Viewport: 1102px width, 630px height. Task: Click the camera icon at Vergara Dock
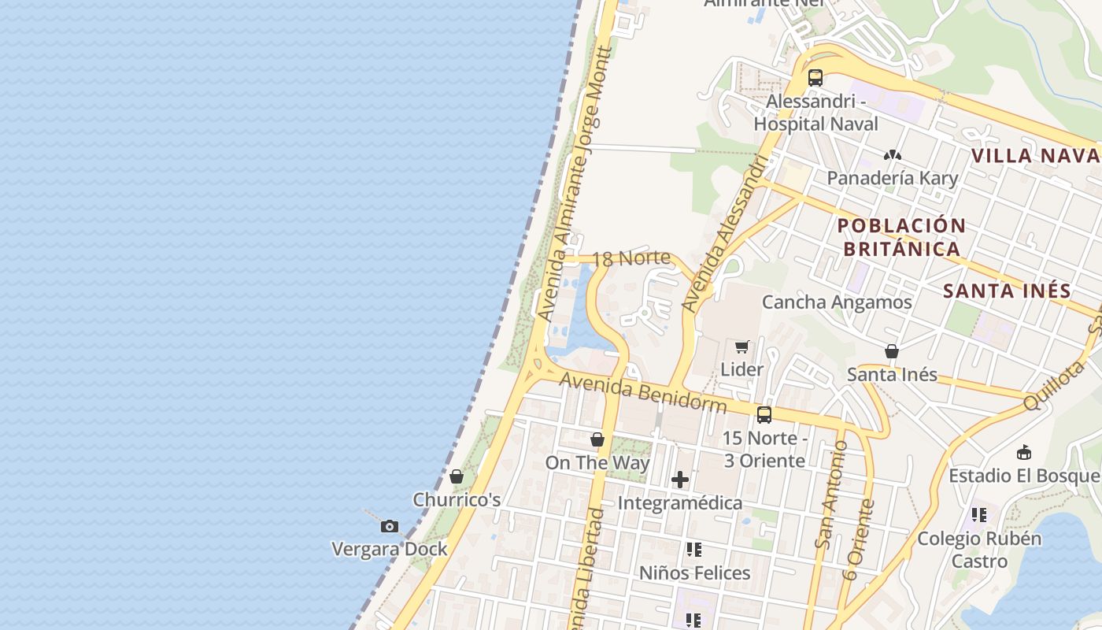click(389, 526)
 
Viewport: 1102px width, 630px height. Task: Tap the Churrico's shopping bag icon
click(457, 476)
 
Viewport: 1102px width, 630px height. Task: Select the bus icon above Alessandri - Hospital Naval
click(815, 78)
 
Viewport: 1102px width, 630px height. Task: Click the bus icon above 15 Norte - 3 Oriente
click(764, 415)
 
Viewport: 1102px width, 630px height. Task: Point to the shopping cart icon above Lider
click(741, 346)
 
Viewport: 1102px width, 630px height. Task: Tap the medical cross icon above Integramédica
click(680, 479)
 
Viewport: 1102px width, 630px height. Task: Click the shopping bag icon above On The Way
click(597, 439)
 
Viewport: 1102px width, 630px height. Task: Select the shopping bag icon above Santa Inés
click(892, 351)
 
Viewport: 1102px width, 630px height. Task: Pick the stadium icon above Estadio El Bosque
click(1023, 453)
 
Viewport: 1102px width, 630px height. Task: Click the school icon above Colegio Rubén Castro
click(978, 515)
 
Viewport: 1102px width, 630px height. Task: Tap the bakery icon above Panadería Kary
click(892, 155)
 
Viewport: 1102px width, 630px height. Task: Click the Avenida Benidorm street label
click(643, 392)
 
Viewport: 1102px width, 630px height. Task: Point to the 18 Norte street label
click(631, 258)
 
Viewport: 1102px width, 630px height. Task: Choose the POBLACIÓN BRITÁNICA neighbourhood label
click(901, 237)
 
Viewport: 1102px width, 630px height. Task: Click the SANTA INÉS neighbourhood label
click(1007, 291)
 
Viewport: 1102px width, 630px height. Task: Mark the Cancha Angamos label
click(837, 302)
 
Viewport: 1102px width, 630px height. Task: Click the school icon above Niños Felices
click(693, 550)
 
